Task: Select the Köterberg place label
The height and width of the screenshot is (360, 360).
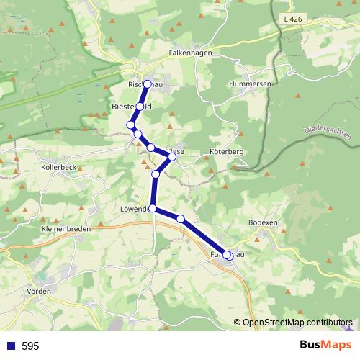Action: point(207,153)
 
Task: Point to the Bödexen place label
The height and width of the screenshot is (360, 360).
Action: point(262,223)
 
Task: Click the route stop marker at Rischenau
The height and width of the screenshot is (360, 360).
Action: point(147,84)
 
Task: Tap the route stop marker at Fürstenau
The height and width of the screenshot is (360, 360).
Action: point(228,255)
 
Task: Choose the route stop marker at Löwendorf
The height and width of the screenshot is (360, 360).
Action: point(152,208)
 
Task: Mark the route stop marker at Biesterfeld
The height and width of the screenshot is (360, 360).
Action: point(140,106)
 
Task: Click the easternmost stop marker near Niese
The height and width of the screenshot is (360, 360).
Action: point(172,156)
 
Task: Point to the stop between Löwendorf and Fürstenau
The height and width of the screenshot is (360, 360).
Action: point(181,219)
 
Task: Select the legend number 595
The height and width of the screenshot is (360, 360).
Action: point(30,346)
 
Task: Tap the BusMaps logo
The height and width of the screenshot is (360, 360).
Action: point(323,345)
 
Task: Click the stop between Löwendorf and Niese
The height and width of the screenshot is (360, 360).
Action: point(156,174)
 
